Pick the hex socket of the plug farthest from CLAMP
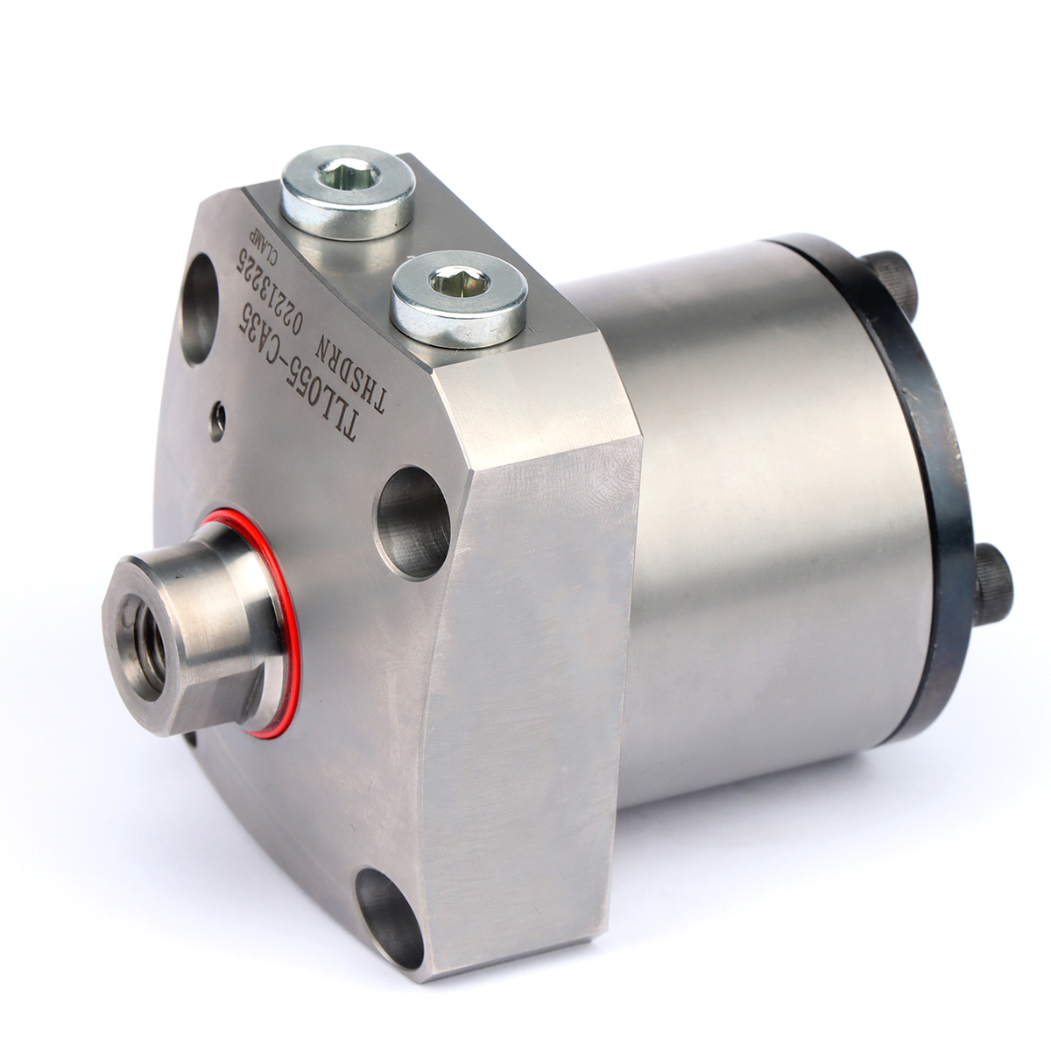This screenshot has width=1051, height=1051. pyautogui.click(x=458, y=284)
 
